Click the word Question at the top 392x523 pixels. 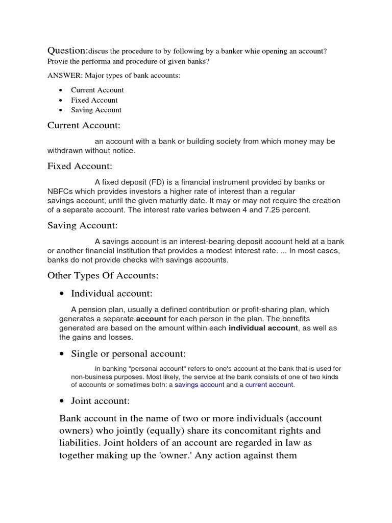(x=67, y=51)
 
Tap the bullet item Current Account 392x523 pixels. (x=97, y=90)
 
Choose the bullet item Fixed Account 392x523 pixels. (x=94, y=100)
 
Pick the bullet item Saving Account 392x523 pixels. (x=96, y=110)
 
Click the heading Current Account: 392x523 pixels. (x=84, y=125)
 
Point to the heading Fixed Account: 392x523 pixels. (x=80, y=166)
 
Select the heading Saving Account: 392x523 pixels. (x=82, y=225)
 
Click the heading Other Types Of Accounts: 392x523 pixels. (x=103, y=276)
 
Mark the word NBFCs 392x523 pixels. (x=60, y=191)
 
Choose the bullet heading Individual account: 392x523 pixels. (x=112, y=293)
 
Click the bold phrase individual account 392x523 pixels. (x=263, y=328)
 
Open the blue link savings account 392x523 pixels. (x=199, y=385)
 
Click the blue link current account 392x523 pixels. (x=269, y=385)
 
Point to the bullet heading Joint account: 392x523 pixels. (x=100, y=401)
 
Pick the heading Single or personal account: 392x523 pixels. (x=128, y=354)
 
